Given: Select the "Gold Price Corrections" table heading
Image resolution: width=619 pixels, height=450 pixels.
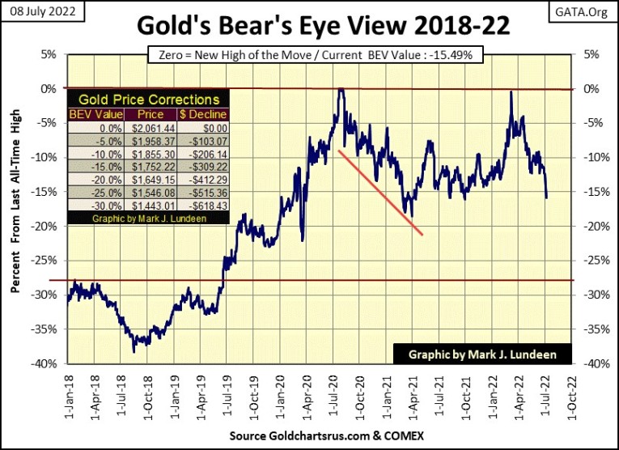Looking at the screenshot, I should pos(147,99).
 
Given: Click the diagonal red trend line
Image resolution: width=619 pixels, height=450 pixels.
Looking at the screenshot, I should pos(380,193).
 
